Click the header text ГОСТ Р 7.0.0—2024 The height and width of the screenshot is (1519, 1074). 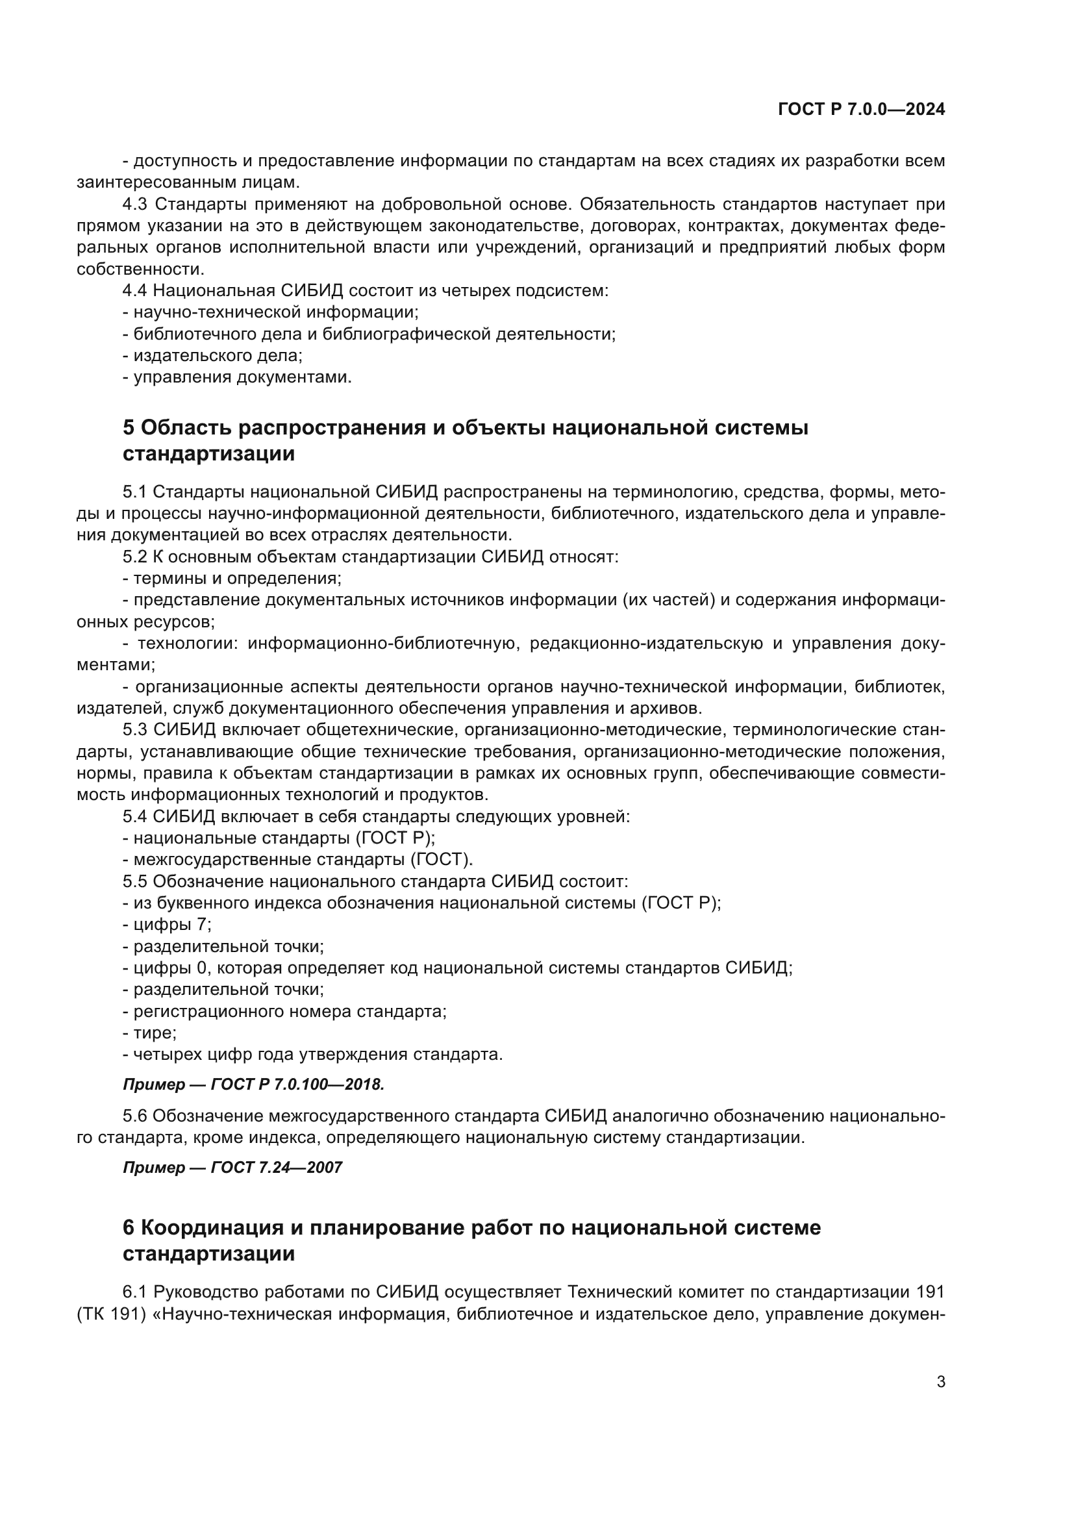pyautogui.click(x=861, y=110)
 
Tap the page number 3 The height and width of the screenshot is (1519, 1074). pyautogui.click(x=940, y=1381)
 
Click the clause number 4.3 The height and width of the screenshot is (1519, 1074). pyautogui.click(x=136, y=204)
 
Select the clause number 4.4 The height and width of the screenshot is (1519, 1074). pyautogui.click(x=136, y=290)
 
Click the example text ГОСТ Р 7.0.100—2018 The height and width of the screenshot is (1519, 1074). pyautogui.click(x=297, y=1085)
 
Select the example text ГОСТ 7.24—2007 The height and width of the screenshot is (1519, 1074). pyautogui.click(x=277, y=1168)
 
